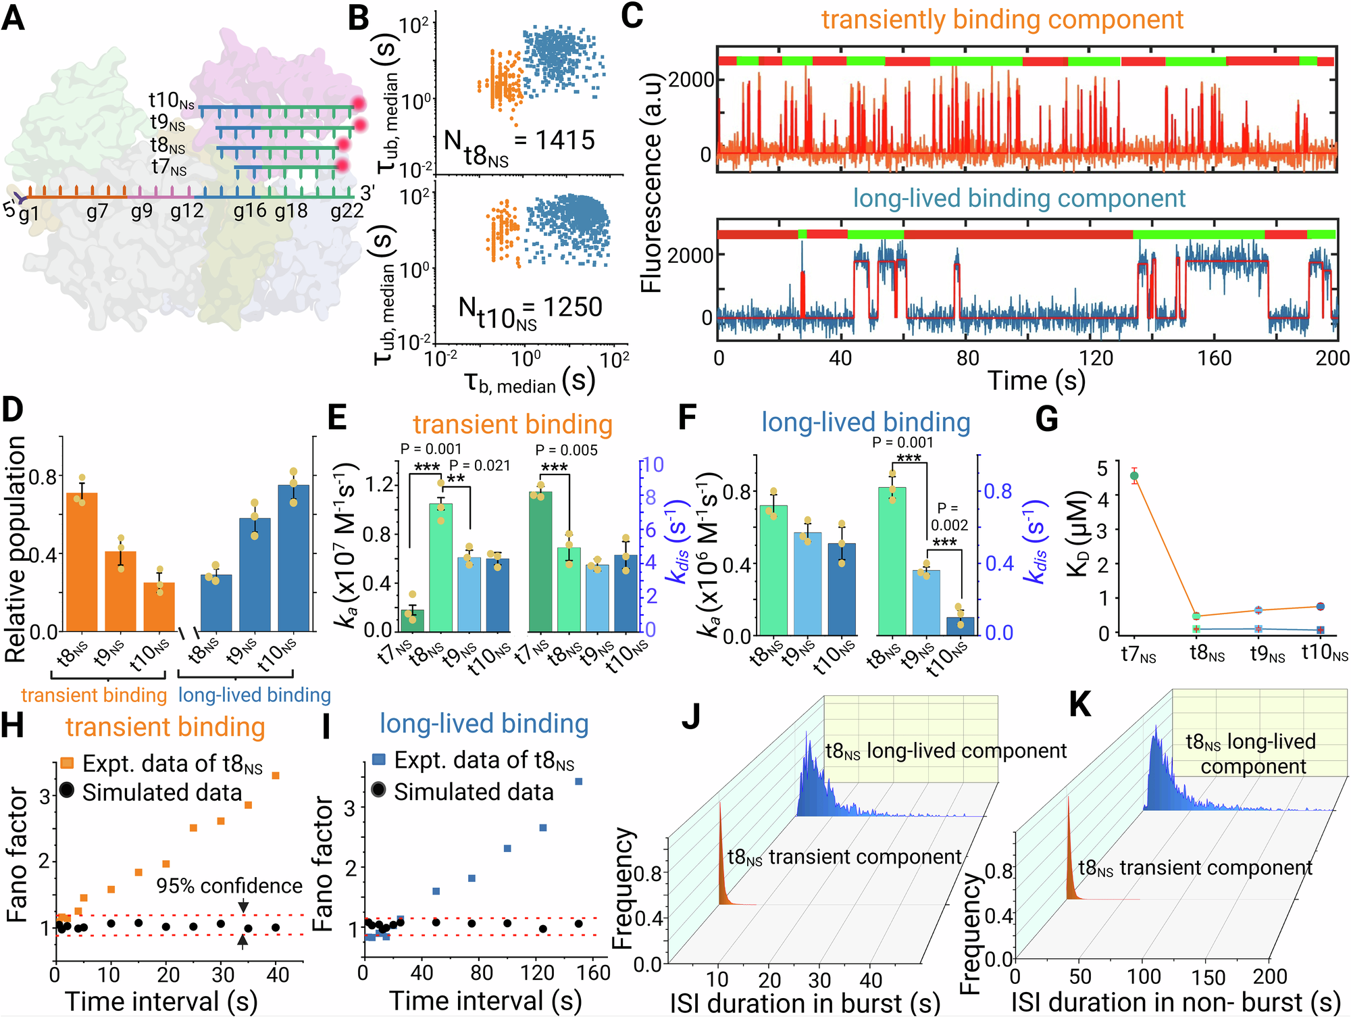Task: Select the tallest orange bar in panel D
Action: click(82, 561)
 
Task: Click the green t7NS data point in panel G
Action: click(1134, 476)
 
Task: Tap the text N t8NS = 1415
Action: click(519, 145)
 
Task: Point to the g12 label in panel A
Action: click(186, 212)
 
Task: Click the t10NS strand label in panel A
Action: click(172, 101)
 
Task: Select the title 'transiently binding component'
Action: click(1002, 20)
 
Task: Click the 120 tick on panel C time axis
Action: click(1096, 357)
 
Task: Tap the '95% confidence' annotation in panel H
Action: click(229, 885)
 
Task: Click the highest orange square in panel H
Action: click(276, 775)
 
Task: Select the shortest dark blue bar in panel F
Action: click(961, 625)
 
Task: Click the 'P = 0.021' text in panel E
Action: click(480, 466)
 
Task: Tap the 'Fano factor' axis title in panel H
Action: click(18, 855)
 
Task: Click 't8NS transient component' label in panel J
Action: click(844, 857)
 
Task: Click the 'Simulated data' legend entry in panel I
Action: click(473, 791)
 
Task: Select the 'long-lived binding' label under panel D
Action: click(254, 695)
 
